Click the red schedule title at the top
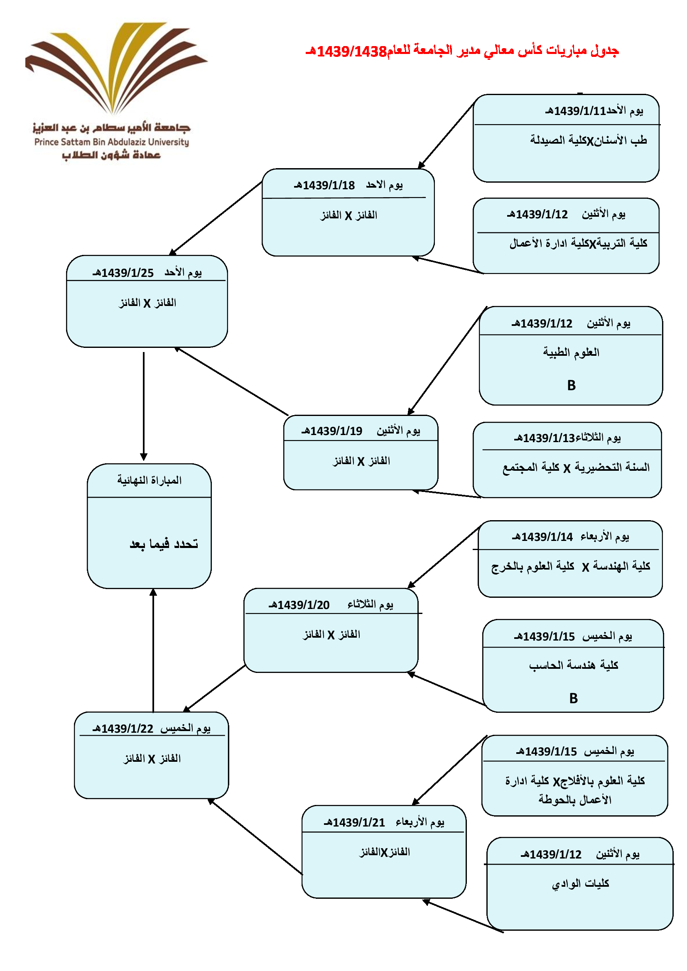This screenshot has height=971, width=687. click(x=462, y=51)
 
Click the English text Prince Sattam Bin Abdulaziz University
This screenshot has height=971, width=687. click(x=112, y=142)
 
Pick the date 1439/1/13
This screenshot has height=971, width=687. click(x=545, y=438)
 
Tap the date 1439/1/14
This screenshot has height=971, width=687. click(x=543, y=537)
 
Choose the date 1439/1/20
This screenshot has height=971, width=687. click(x=299, y=605)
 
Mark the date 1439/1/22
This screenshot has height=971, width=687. click(x=123, y=729)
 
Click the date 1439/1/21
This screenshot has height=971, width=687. click(x=355, y=822)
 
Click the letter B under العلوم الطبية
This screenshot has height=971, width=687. click(x=571, y=385)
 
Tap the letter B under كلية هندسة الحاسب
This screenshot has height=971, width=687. click(x=573, y=698)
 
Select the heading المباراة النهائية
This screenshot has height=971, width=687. click(x=150, y=480)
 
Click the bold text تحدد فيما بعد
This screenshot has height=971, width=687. click(x=164, y=544)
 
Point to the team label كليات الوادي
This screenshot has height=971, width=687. click(x=580, y=883)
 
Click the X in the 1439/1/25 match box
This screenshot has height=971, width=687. click(x=147, y=303)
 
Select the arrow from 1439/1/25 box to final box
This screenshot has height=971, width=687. click(x=144, y=406)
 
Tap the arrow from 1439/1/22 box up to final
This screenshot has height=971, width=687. click(x=153, y=651)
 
